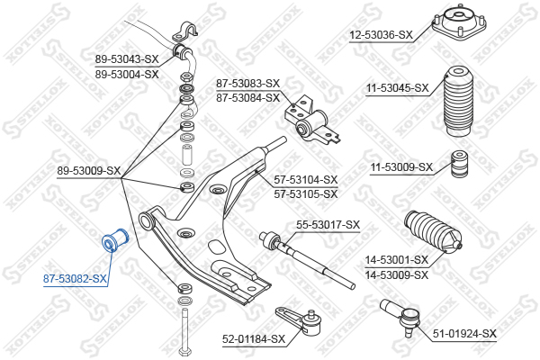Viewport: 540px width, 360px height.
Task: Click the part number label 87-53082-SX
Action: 76,280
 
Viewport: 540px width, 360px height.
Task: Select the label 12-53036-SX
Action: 381,35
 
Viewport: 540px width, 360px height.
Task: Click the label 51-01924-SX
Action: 464,334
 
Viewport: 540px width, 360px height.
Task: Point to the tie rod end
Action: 401,316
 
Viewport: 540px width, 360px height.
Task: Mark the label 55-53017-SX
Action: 328,224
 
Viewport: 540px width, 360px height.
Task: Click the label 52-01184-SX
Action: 254,339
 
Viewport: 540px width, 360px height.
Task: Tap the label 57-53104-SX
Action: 306,180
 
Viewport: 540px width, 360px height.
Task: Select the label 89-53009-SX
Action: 88,170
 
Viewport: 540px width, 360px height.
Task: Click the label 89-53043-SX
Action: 127,60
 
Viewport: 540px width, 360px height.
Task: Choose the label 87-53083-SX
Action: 247,84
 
